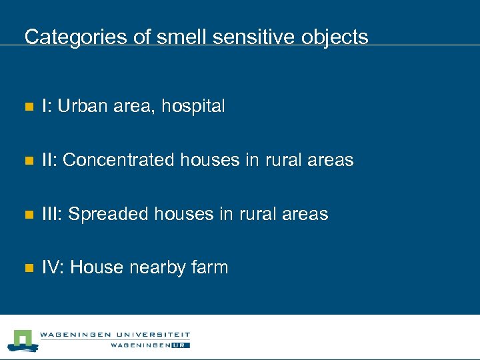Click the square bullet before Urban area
[27, 107]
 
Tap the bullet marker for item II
[27, 161]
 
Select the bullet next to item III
[27, 215]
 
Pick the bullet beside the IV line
[27, 269]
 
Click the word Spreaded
[109, 214]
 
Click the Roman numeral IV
[53, 267]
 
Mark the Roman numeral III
[52, 214]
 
